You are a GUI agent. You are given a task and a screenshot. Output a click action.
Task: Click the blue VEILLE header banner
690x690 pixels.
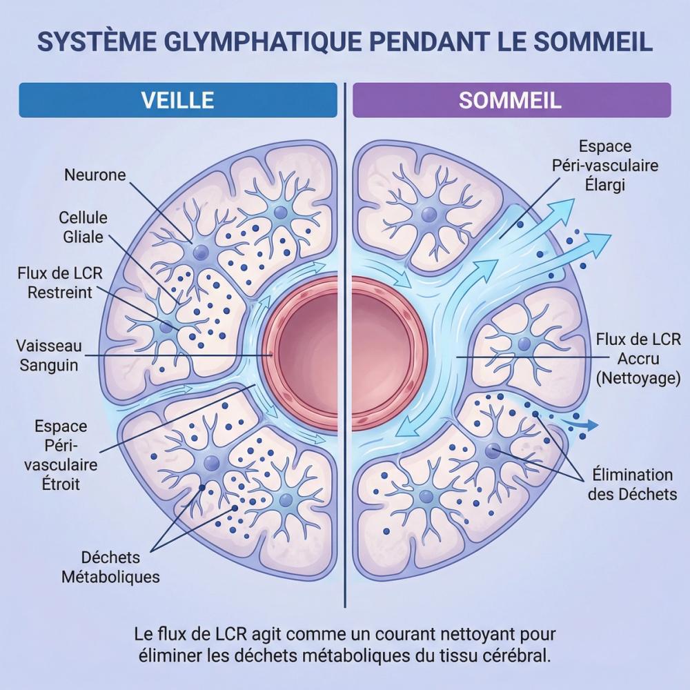[177, 100]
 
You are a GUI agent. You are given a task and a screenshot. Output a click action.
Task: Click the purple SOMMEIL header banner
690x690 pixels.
[511, 100]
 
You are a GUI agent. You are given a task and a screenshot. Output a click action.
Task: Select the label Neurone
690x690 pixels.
[95, 175]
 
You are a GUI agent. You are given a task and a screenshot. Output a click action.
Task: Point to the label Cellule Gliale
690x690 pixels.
[83, 227]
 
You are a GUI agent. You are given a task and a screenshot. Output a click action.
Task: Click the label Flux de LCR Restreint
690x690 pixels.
[60, 283]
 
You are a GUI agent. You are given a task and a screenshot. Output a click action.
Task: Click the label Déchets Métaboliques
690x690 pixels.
[110, 566]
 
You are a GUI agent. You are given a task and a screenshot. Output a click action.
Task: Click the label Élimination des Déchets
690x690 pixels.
[632, 484]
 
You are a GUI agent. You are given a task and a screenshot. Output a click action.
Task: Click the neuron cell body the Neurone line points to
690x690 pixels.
[201, 252]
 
